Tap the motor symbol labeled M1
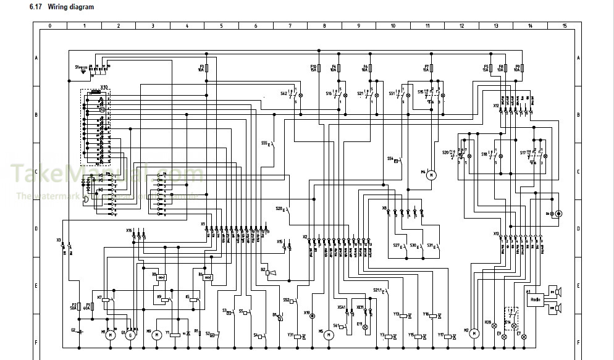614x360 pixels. coord(110,335)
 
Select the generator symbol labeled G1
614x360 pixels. coord(130,335)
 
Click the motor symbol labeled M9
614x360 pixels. coord(156,334)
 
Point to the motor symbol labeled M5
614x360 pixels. coord(329,334)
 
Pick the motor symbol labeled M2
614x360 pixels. coord(474,333)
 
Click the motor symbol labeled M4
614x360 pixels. coord(431,175)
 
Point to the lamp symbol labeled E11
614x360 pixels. coord(365,326)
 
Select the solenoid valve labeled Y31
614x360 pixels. coord(298,337)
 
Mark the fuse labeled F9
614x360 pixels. coord(523,68)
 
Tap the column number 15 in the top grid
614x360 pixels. coord(564,27)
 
